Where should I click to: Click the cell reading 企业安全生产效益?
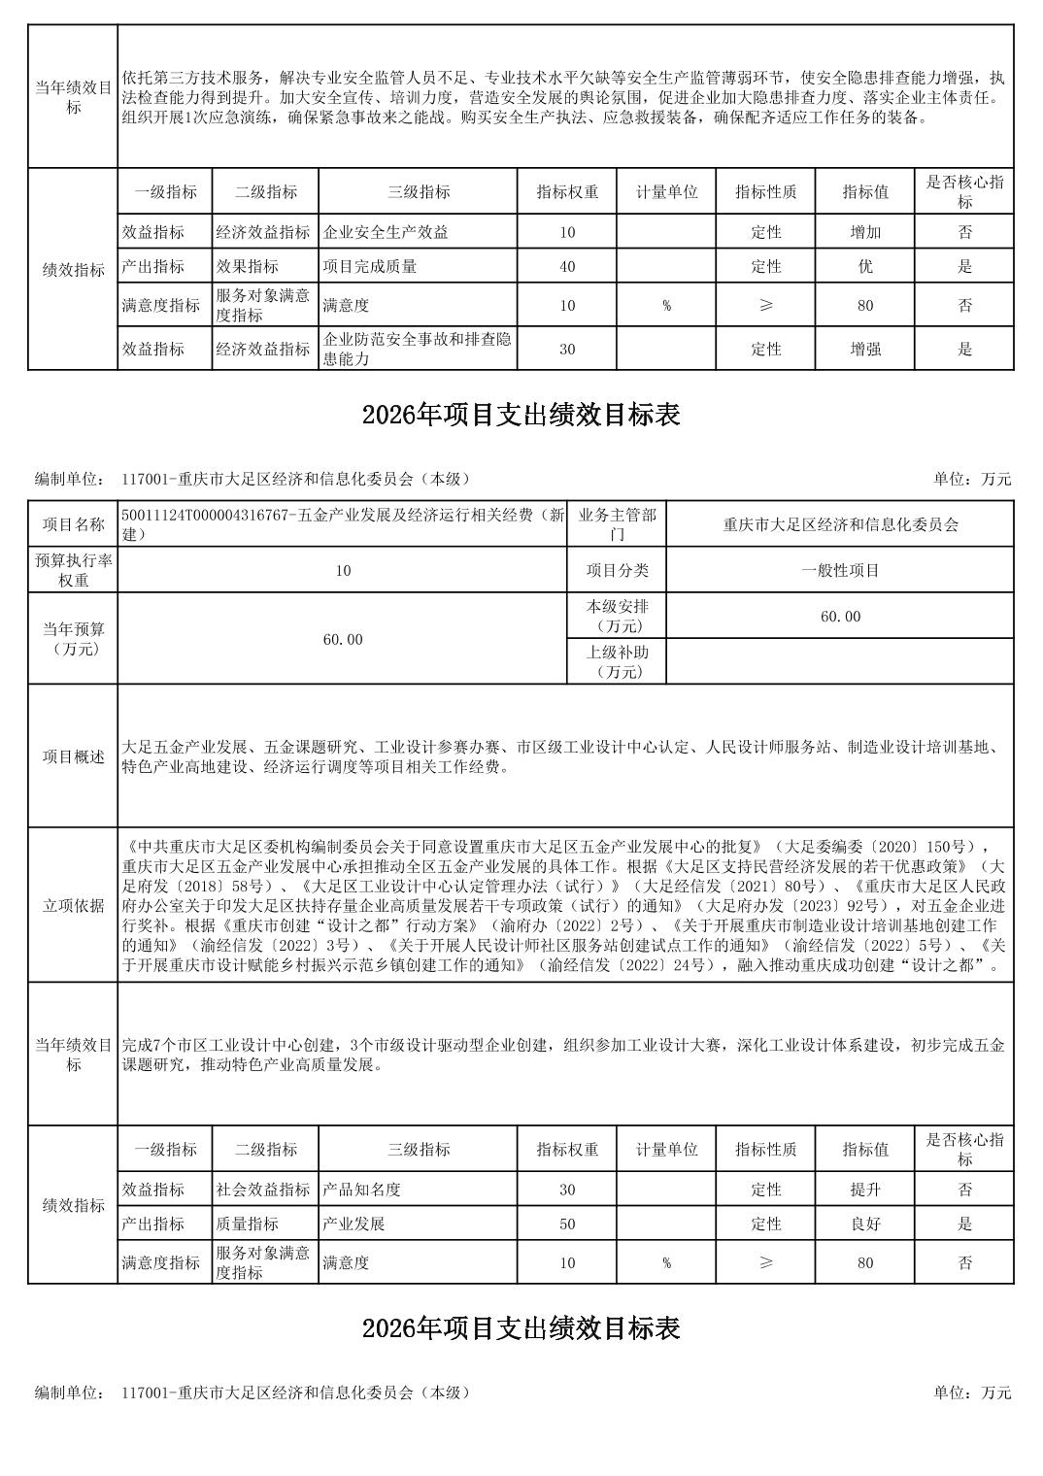pos(386,232)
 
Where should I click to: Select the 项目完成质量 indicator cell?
pos(370,266)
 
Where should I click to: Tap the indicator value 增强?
pos(864,349)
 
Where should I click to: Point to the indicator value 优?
pos(864,266)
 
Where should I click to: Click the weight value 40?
pos(567,266)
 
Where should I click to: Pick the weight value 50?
pos(567,1224)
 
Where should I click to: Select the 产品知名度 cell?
pos(362,1190)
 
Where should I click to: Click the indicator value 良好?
pos(864,1224)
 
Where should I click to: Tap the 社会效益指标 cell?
pos(264,1190)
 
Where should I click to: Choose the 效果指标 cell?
pos(248,266)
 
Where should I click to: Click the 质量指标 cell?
pos(248,1224)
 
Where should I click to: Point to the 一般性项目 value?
pos(840,570)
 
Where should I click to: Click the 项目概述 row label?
pos(73,756)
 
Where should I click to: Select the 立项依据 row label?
pos(73,905)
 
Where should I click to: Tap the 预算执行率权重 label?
pos(73,570)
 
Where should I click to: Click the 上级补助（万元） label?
pos(617,661)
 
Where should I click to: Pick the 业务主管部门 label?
pos(617,524)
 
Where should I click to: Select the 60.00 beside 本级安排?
pos(840,617)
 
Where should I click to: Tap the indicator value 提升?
pos(864,1190)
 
